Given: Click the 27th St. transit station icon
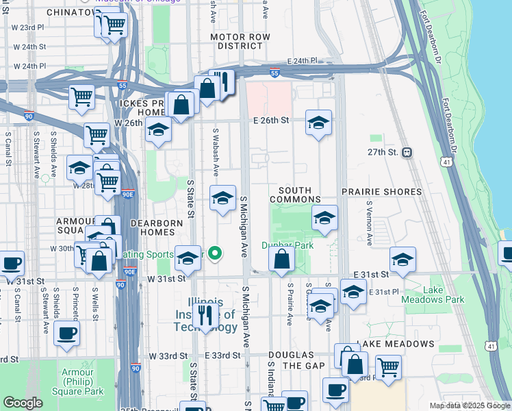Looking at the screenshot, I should coord(407,152).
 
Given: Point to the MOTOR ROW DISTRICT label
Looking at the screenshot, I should coord(236,41).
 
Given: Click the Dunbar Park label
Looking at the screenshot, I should coord(287,245).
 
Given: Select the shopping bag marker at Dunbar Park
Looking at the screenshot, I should coord(281,260).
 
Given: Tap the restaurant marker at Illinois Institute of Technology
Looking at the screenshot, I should coord(205,315).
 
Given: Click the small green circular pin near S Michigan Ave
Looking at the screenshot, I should coord(215,254).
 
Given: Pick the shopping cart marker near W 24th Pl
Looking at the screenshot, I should coord(82,97).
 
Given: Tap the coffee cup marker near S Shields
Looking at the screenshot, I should coord(66,334).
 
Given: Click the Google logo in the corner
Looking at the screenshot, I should coord(22,403).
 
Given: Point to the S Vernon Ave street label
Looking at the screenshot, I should coord(368,223).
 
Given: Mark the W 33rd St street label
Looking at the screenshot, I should coord(168,356).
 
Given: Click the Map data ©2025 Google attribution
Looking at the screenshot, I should coord(469,406).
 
